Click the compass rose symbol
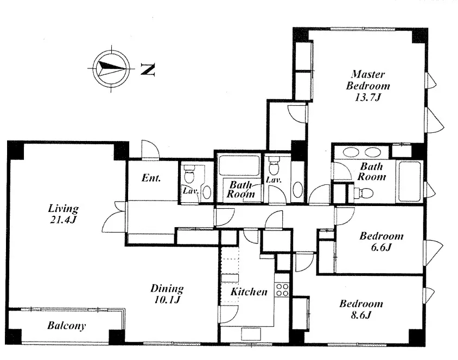[x=111, y=68]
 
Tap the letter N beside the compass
[x=148, y=69]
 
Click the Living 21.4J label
[x=63, y=214]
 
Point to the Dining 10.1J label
[x=167, y=294]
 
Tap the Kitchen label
[x=249, y=292]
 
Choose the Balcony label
[x=67, y=326]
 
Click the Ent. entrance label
[x=151, y=178]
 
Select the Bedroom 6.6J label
[x=381, y=242]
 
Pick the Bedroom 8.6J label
[x=361, y=309]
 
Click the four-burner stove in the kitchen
[x=282, y=290]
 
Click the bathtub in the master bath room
[x=410, y=181]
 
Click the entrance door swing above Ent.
[x=150, y=150]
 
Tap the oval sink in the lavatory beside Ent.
[x=207, y=192]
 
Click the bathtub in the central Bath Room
[x=239, y=165]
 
